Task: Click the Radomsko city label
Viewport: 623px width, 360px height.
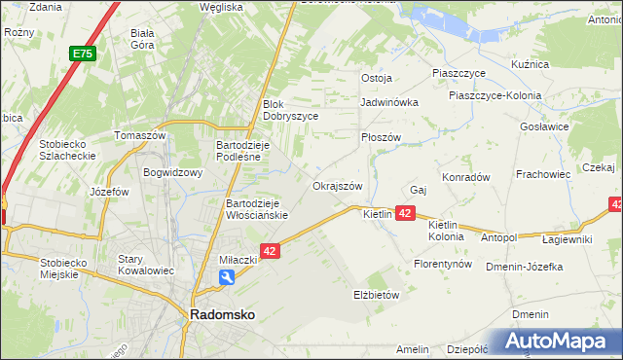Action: (222, 315)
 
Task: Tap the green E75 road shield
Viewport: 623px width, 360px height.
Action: (81, 55)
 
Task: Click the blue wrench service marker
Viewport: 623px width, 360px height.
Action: (227, 278)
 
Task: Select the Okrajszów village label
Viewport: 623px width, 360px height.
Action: (337, 186)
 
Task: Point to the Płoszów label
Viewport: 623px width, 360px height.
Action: (381, 137)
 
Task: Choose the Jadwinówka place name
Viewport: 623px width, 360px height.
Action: (388, 101)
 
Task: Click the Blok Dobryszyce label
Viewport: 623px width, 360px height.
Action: (291, 109)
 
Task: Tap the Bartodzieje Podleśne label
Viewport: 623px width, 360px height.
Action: (248, 151)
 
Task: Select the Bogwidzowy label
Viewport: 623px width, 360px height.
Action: (172, 173)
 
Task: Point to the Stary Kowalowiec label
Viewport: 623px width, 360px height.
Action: (144, 265)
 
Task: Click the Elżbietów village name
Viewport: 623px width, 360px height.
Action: (376, 294)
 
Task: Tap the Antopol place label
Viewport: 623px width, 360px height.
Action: (498, 237)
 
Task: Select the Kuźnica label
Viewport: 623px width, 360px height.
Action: (531, 64)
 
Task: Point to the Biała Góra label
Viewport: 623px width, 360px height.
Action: (143, 37)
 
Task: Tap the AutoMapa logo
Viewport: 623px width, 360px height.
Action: (559, 342)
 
